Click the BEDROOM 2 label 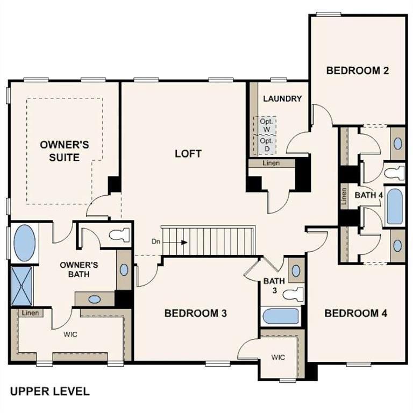[357, 70]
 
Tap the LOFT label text [188, 154]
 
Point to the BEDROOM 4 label [355, 313]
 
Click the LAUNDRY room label [282, 99]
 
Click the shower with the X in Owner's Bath [22, 286]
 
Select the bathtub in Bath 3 [280, 316]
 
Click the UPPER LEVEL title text [49, 391]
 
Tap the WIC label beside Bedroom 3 [277, 357]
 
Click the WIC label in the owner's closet [70, 334]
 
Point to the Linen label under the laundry [271, 163]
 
